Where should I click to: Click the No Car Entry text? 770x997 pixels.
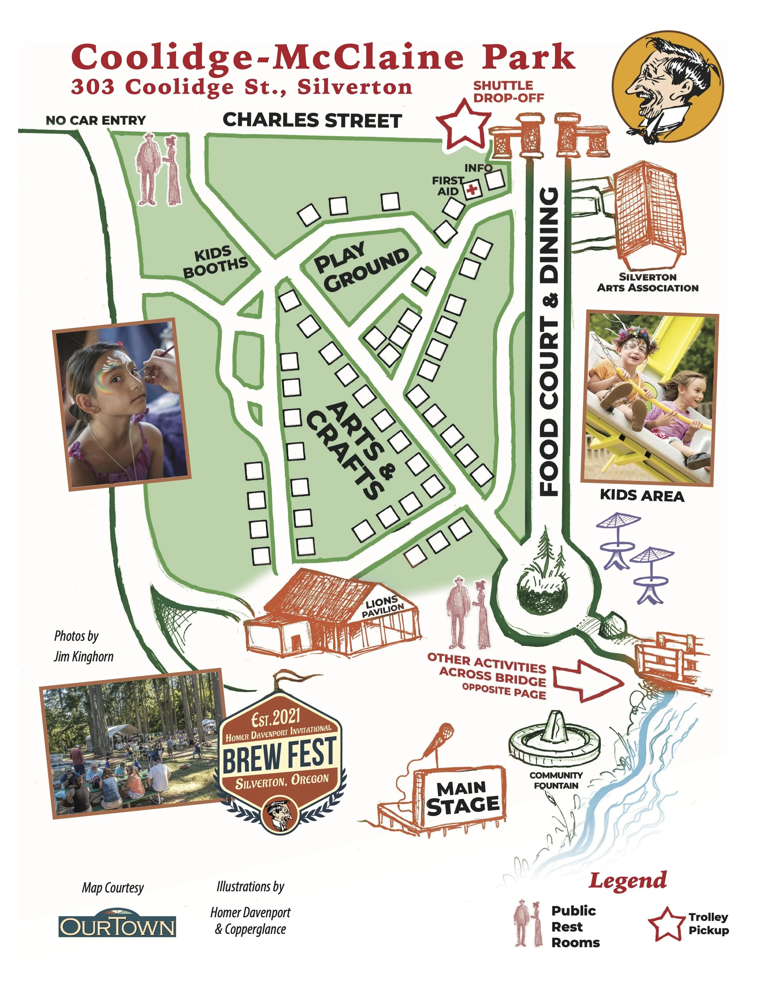[96, 121]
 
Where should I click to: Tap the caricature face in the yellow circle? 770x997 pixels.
[667, 87]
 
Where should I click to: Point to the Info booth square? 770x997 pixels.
[495, 179]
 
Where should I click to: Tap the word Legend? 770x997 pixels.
[628, 881]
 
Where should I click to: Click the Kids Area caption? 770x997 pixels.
[642, 496]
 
